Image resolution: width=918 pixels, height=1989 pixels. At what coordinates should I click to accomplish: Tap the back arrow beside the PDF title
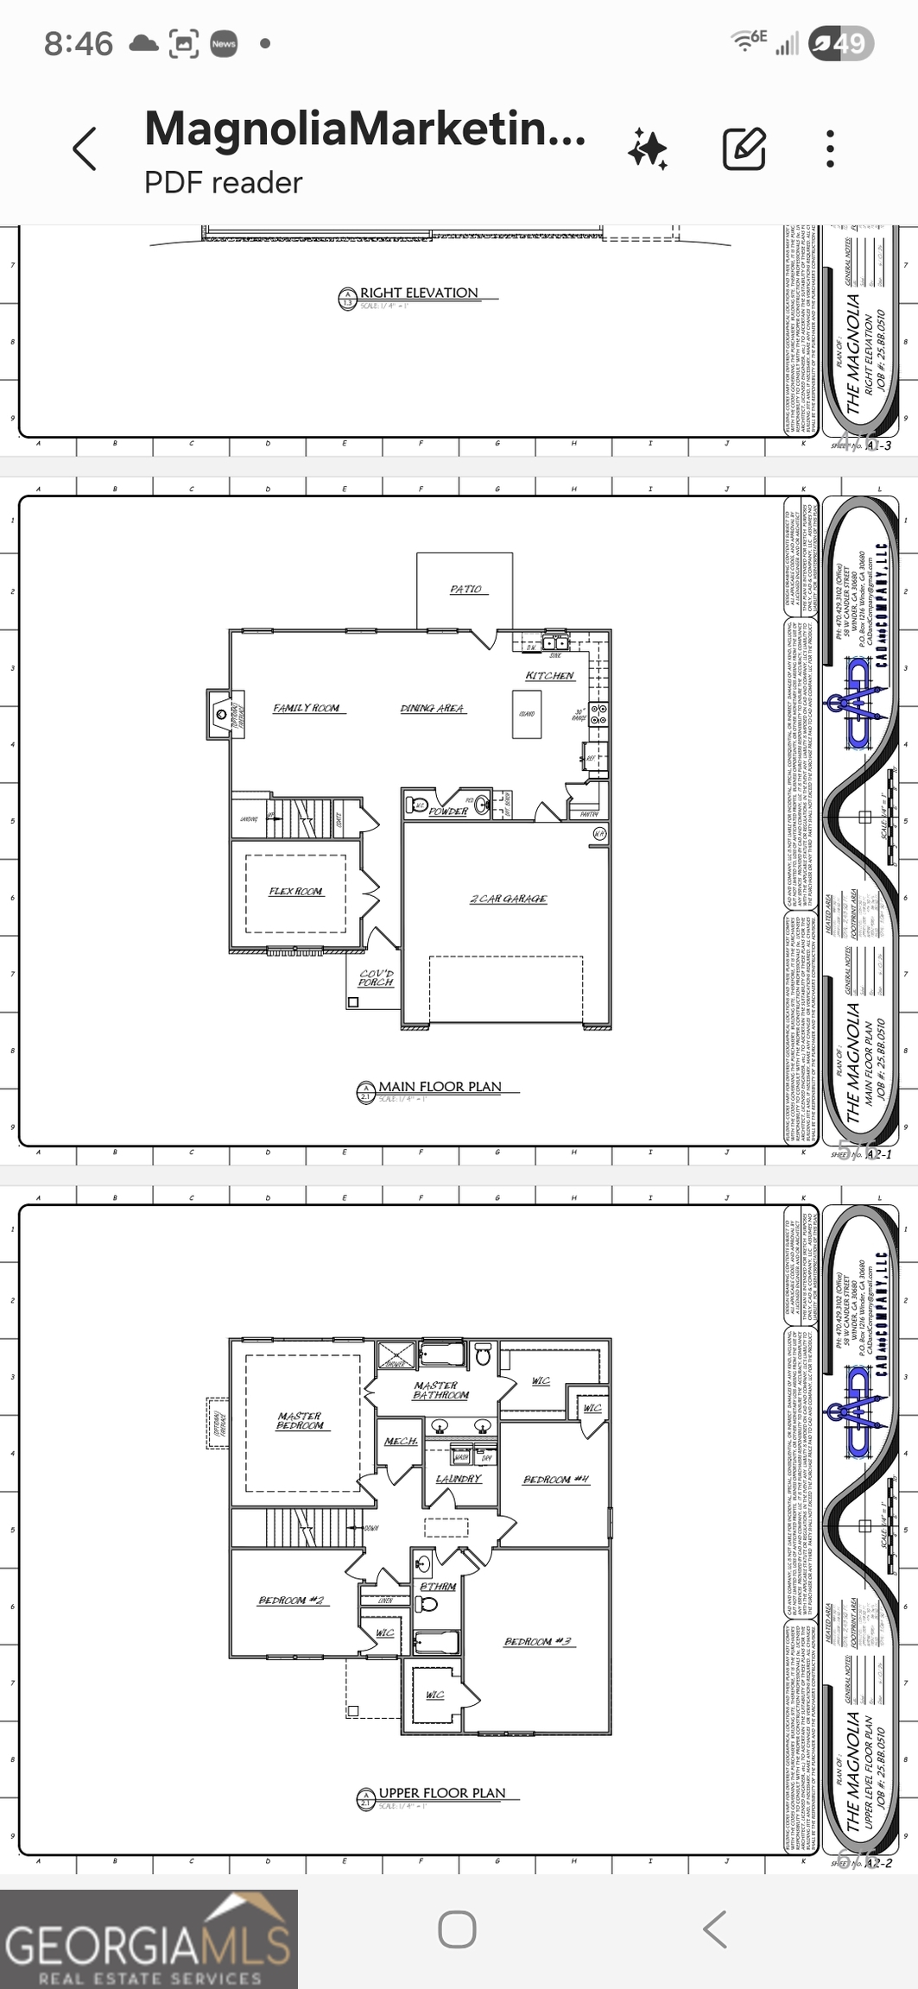85,148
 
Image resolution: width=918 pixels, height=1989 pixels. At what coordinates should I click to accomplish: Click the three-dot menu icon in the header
830,148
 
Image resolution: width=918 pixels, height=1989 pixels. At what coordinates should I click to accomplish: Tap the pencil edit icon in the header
744,148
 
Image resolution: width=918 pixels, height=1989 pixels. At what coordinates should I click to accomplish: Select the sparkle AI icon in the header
647,148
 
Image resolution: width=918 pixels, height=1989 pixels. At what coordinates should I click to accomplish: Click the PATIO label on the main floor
465,589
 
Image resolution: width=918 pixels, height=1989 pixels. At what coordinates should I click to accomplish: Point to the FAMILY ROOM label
307,708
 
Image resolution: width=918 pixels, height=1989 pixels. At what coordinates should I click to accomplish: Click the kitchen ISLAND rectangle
527,714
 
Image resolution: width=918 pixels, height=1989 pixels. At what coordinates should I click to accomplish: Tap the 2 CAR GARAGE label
508,899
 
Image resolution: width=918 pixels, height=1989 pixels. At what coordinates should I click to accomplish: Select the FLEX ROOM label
295,891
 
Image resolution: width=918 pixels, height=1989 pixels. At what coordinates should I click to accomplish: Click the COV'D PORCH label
376,977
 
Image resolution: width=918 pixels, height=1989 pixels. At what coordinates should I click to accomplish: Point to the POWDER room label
448,811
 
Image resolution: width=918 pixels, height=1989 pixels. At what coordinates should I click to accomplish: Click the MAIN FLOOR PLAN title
440,1087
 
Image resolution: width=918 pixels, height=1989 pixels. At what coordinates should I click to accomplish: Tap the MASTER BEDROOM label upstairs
300,1420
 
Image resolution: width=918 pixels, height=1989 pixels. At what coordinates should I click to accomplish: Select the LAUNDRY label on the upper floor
459,1479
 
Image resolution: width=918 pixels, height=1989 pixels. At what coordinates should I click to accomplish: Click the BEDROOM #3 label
537,1641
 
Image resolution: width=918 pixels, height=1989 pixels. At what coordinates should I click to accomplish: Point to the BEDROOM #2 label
291,1601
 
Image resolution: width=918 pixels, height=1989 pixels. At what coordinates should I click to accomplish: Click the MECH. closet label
401,1442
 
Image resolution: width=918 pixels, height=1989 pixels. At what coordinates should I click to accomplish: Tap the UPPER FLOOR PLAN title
441,1793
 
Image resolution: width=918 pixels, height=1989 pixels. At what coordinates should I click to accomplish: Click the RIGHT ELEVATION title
419,294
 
